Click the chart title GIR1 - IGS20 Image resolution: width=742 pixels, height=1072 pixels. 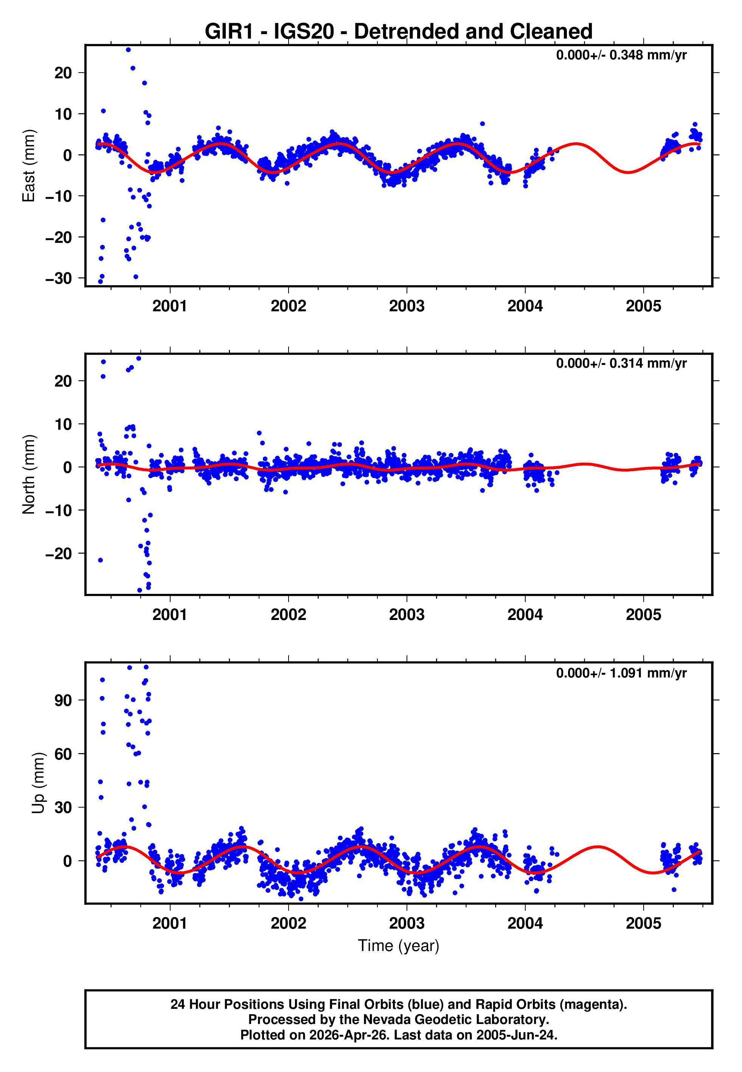coord(399,32)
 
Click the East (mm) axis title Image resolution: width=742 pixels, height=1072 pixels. coord(29,166)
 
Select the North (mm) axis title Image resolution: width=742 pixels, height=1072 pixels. coord(29,474)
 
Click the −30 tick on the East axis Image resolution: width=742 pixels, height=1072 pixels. coord(59,278)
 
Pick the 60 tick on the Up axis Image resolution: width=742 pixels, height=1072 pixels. coord(63,754)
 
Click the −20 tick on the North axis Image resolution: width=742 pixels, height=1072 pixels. coord(59,554)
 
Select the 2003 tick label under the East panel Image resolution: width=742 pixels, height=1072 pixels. coord(407,306)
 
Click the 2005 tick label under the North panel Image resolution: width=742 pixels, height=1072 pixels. coord(643,615)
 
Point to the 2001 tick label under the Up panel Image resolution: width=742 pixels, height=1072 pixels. coord(170,923)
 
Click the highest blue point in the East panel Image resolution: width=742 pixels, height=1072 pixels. coord(128,50)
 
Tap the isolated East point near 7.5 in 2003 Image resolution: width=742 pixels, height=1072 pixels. coord(483,124)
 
